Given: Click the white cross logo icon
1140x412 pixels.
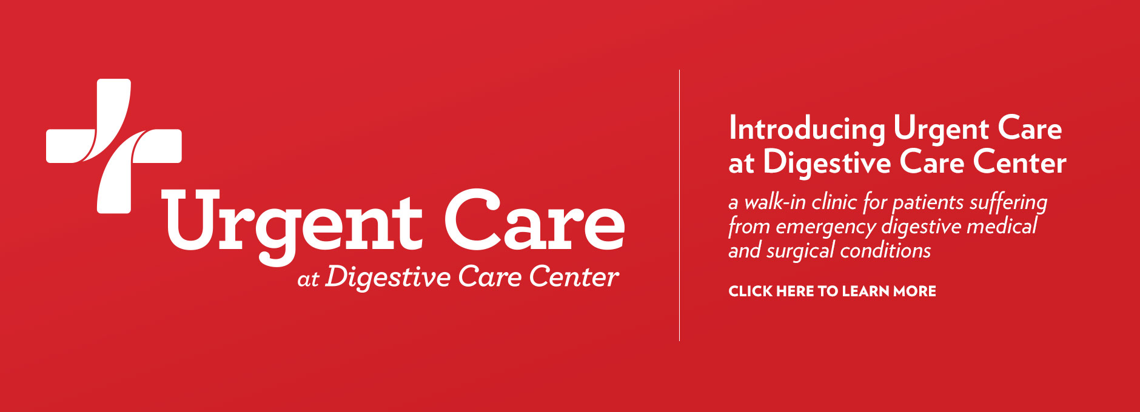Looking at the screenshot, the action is point(114,145).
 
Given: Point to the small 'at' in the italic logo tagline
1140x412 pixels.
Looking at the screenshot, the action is point(308,279).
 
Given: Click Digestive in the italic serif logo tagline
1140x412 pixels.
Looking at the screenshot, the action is point(388,278).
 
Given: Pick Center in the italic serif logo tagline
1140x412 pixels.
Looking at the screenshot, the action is point(574,276).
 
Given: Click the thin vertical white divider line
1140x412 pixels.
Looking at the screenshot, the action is point(679,205).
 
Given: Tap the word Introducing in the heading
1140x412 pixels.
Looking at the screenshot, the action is point(807,130).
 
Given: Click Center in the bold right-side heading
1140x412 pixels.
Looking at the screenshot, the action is point(1019,162).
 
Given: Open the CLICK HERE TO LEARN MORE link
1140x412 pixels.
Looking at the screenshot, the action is point(832,291).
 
